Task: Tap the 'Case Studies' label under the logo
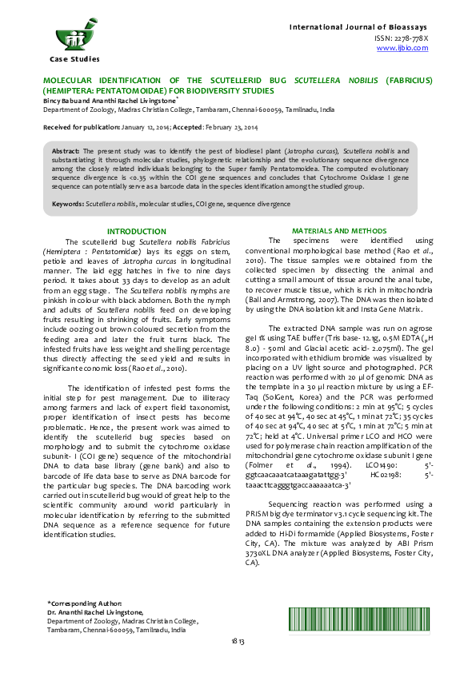click(x=74, y=59)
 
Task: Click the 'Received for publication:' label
click(x=82, y=128)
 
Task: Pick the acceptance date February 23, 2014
click(x=233, y=128)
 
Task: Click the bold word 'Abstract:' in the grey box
click(x=67, y=150)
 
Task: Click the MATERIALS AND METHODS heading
click(x=339, y=230)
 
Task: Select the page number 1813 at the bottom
click(x=238, y=663)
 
